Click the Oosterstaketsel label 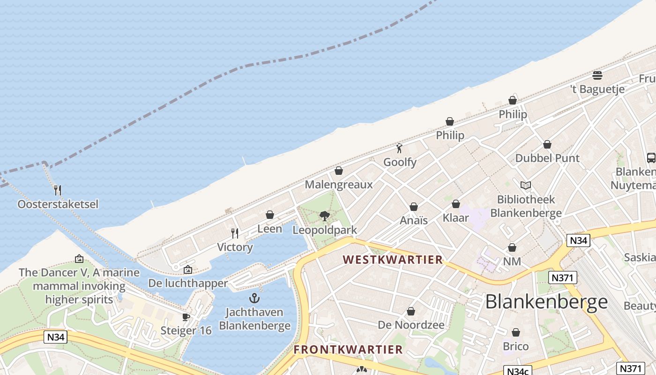[x=58, y=204]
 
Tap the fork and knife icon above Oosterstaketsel [x=58, y=190]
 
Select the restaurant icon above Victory [x=235, y=233]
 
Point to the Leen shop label [x=270, y=229]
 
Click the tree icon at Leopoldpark [x=324, y=216]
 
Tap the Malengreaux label [x=338, y=184]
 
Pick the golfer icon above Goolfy [x=399, y=149]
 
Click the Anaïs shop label [x=414, y=220]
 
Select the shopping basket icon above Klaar [x=456, y=204]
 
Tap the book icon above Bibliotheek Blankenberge [x=526, y=186]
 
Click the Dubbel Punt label [x=547, y=158]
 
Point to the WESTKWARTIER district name [x=393, y=260]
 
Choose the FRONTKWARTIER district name [x=348, y=350]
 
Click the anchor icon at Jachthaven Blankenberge [x=254, y=298]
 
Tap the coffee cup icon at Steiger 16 [x=186, y=317]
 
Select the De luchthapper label [x=188, y=283]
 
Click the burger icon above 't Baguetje [x=597, y=75]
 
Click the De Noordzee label [x=411, y=325]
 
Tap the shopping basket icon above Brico [x=515, y=333]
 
